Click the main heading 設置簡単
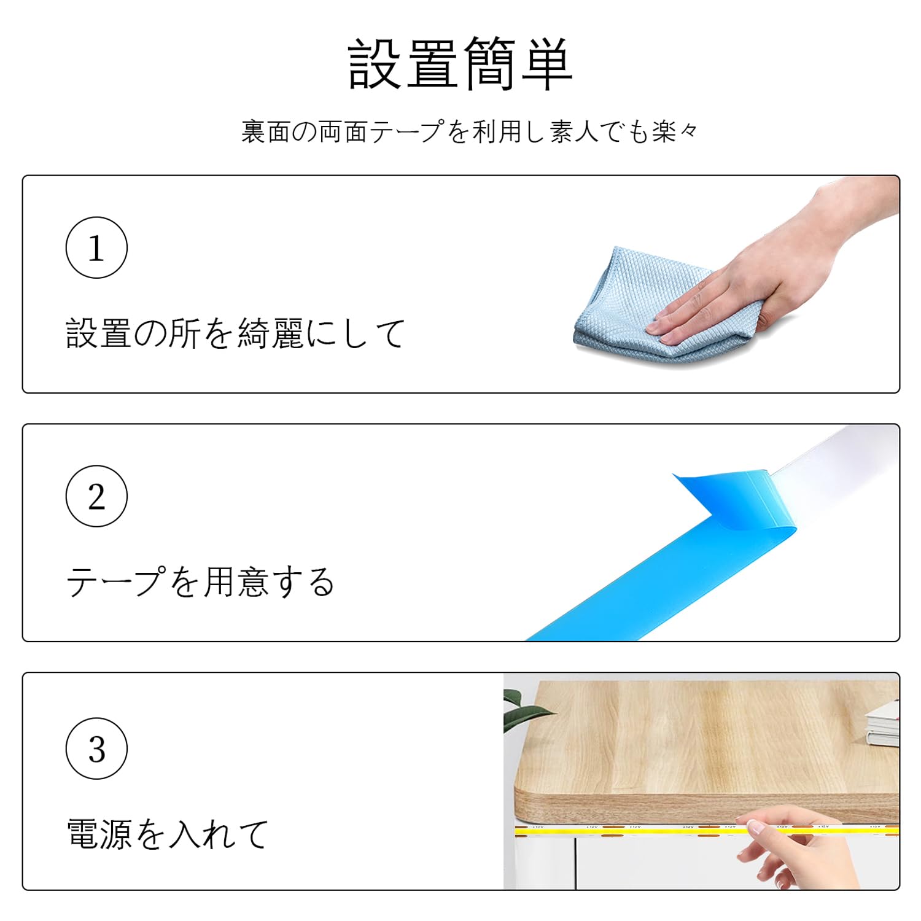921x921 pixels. pyautogui.click(x=460, y=64)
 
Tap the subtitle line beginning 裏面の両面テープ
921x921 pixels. pyautogui.click(x=470, y=131)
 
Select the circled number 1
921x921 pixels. pyautogui.click(x=96, y=247)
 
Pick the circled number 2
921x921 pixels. pyautogui.click(x=96, y=496)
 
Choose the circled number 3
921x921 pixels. pyautogui.click(x=96, y=748)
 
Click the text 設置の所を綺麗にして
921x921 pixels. pyautogui.click(x=236, y=334)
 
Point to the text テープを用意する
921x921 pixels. pyautogui.click(x=201, y=582)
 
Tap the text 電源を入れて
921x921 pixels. pyautogui.click(x=168, y=834)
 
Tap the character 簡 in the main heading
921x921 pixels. pyautogui.click(x=489, y=64)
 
